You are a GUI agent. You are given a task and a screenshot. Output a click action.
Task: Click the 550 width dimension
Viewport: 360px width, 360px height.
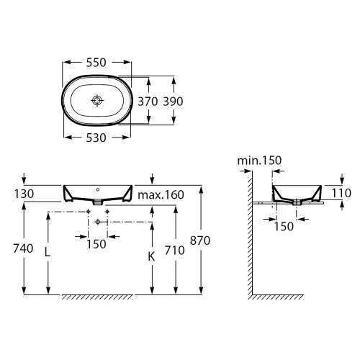[97, 63]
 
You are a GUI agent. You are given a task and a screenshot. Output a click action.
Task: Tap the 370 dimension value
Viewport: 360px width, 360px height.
[146, 102]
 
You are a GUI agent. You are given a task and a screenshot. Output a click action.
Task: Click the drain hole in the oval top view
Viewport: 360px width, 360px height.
[97, 101]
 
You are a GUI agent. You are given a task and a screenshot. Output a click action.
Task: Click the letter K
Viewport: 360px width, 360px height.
[150, 256]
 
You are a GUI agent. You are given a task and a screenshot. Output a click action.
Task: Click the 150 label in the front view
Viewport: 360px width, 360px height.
[97, 243]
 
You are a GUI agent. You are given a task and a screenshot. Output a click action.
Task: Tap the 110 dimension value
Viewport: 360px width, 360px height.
[343, 192]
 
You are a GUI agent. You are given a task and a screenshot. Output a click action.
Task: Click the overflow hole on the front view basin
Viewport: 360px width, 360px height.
[97, 190]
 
